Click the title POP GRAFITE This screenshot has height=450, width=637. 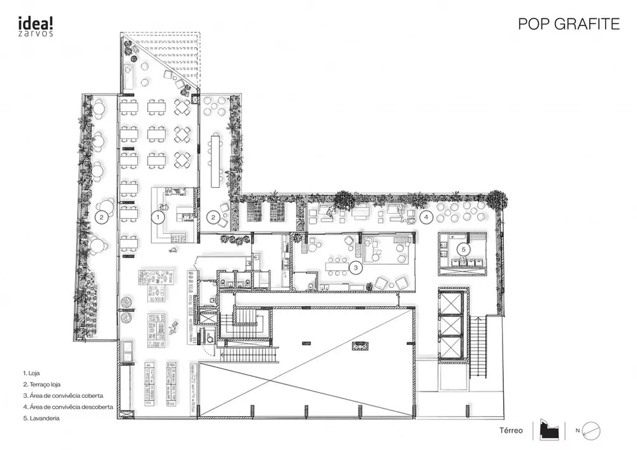tap(569, 24)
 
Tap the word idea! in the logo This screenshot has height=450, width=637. tap(35, 21)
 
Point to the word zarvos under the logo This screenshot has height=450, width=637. tap(35, 32)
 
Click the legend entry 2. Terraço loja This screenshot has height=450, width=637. tap(43, 384)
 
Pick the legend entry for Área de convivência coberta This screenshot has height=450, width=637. tap(62, 395)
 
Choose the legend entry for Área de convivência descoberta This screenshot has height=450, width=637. tap(66, 407)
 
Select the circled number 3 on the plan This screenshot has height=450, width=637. tap(357, 267)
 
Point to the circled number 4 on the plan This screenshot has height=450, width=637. tap(426, 217)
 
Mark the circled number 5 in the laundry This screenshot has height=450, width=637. tap(464, 248)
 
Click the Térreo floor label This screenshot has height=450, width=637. tap(511, 431)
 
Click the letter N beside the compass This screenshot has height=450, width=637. tap(577, 431)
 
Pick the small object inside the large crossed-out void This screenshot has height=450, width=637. tap(360, 346)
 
